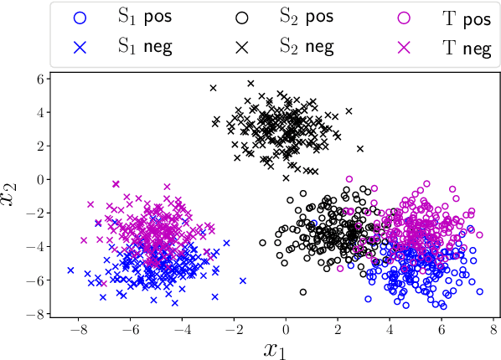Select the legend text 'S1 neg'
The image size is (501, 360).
pyautogui.click(x=145, y=47)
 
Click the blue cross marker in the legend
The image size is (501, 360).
pyautogui.click(x=80, y=47)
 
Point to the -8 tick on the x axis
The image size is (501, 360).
pyautogui.click(x=76, y=329)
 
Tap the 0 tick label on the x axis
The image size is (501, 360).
pyautogui.click(x=285, y=329)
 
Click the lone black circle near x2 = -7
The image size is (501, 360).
pyautogui.click(x=302, y=292)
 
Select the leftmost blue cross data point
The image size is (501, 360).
pyautogui.click(x=70, y=270)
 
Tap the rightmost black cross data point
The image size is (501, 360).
pyautogui.click(x=360, y=149)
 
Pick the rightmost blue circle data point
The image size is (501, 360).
pyautogui.click(x=480, y=291)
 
